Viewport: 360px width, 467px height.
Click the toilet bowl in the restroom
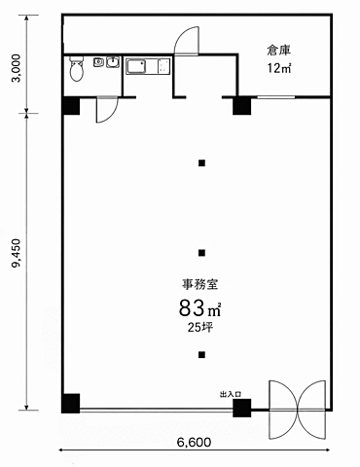click(77, 69)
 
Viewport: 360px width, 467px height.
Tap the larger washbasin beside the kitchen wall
click(113, 62)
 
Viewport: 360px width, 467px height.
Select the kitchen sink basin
click(136, 66)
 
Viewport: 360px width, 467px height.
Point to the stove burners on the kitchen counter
click(163, 66)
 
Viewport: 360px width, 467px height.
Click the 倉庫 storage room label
click(279, 51)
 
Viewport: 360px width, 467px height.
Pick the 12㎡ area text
click(279, 68)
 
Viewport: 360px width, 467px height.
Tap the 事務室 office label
click(199, 284)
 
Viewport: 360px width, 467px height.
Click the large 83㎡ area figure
click(199, 308)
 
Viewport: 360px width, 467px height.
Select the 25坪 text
click(200, 327)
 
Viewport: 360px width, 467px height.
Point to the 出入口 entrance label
click(231, 395)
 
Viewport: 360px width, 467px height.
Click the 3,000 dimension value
click(17, 68)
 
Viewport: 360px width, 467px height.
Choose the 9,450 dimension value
click(16, 253)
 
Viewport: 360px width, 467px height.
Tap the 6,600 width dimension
click(194, 442)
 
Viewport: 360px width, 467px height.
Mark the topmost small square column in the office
click(201, 163)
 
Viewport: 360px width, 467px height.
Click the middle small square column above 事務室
click(201, 253)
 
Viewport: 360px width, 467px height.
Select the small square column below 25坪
click(201, 355)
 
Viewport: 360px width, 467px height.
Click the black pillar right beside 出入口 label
click(242, 408)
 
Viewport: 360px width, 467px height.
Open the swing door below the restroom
click(107, 110)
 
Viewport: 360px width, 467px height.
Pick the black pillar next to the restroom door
click(71, 106)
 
